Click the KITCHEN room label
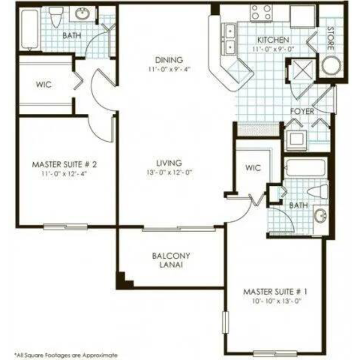(x=273, y=40)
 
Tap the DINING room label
(x=169, y=60)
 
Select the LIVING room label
(x=169, y=163)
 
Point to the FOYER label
(x=302, y=111)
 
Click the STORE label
(x=330, y=38)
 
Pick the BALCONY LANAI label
(x=171, y=260)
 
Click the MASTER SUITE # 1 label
(x=275, y=291)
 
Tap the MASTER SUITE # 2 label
(x=64, y=164)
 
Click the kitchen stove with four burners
(x=261, y=13)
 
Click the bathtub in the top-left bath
(x=30, y=29)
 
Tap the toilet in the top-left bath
(x=56, y=16)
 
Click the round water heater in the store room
(x=331, y=65)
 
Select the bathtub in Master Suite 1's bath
(x=306, y=168)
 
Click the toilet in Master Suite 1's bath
(x=317, y=191)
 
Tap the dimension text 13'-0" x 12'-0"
(x=169, y=172)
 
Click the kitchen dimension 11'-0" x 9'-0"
(x=273, y=49)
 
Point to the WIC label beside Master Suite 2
(x=44, y=84)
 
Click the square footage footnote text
(x=66, y=355)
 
